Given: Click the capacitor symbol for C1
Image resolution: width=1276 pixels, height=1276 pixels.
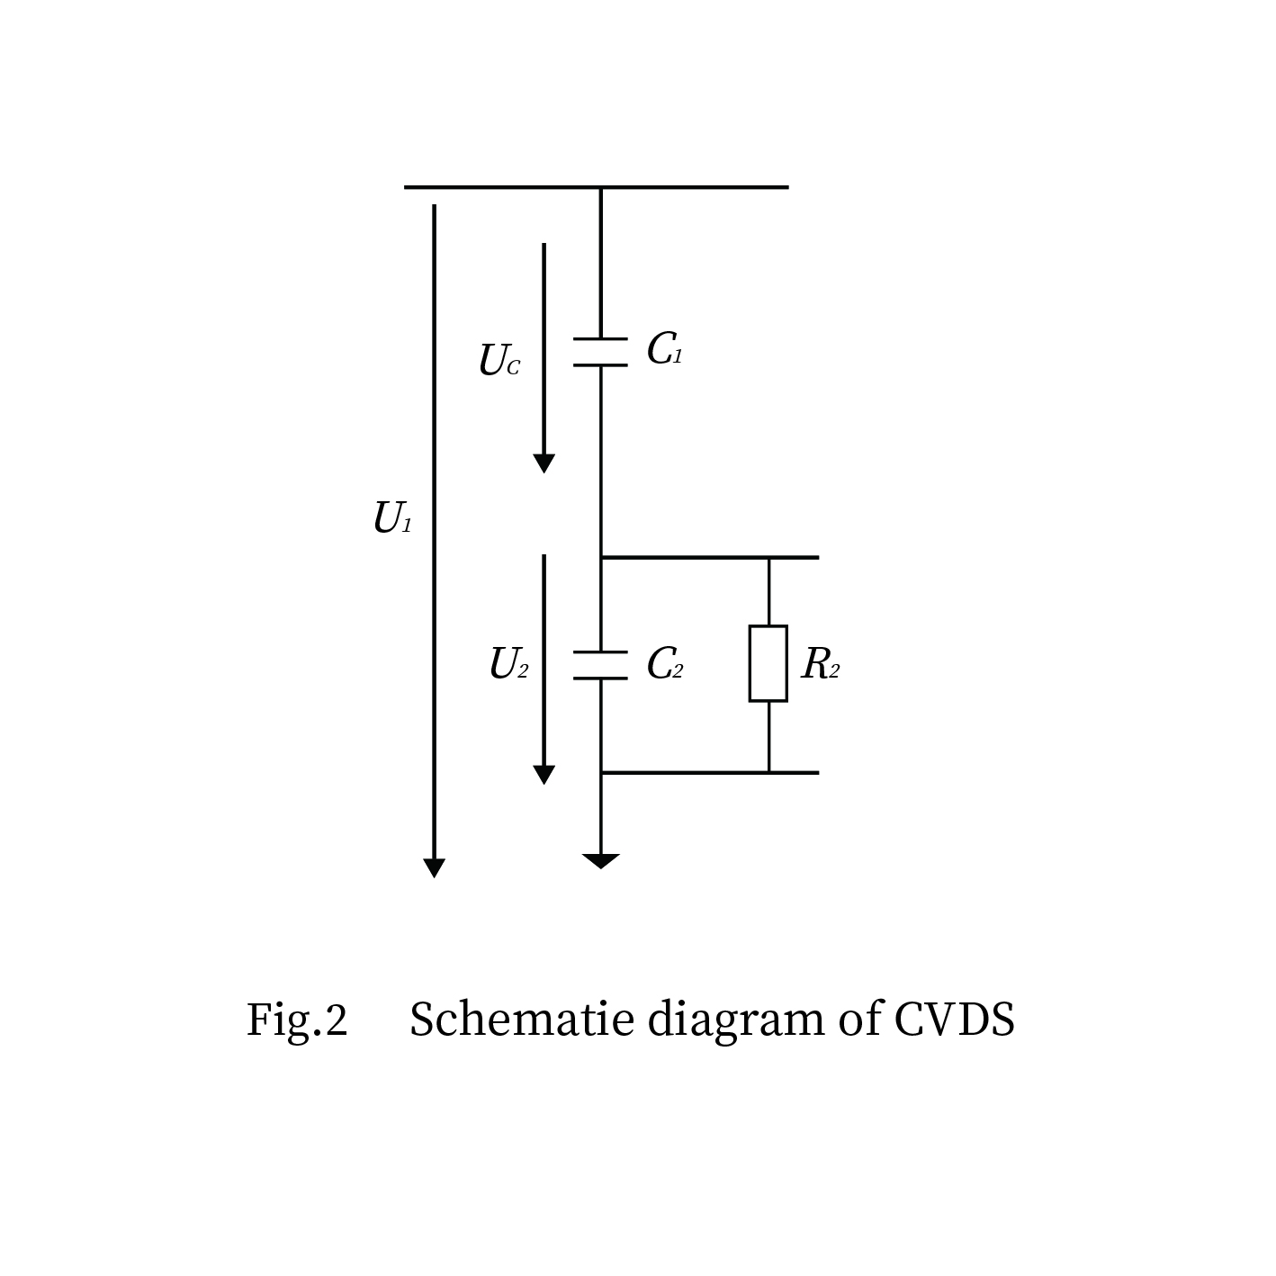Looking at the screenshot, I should pyautogui.click(x=600, y=352).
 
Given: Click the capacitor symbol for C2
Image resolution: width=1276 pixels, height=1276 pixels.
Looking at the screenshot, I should pyautogui.click(x=600, y=665).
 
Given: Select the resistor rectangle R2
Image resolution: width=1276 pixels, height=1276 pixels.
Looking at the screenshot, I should pyautogui.click(x=768, y=663).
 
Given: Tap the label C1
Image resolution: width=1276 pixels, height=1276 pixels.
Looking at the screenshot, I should pyautogui.click(x=664, y=349).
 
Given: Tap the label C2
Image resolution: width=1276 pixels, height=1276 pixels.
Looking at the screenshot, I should pyautogui.click(x=664, y=664).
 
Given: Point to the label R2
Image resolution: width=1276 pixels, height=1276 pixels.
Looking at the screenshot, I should pyautogui.click(x=820, y=664).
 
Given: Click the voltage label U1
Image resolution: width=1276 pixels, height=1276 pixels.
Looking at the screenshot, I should pyautogui.click(x=392, y=518).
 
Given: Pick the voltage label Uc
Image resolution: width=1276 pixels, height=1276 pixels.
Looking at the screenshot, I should pyautogui.click(x=499, y=361).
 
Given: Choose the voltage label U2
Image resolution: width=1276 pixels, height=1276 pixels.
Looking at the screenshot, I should pyautogui.click(x=508, y=664).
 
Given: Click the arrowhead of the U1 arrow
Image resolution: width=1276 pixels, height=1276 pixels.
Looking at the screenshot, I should pyautogui.click(x=434, y=867).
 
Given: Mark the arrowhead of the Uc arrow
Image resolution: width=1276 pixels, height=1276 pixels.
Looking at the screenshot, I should pyautogui.click(x=544, y=463).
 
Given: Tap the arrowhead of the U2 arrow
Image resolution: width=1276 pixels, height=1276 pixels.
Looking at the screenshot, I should pyautogui.click(x=544, y=775).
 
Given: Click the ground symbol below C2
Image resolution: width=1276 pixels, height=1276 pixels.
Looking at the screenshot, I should pyautogui.click(x=600, y=861).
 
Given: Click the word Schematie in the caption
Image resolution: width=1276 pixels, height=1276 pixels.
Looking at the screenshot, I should pyautogui.click(x=522, y=1020).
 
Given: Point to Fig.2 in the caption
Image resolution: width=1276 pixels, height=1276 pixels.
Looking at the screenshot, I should pyautogui.click(x=297, y=1020).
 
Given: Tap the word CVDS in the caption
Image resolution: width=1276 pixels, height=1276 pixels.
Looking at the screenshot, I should pyautogui.click(x=954, y=1020).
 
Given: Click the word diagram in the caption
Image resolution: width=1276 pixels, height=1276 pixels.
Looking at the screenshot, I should pyautogui.click(x=735, y=1020).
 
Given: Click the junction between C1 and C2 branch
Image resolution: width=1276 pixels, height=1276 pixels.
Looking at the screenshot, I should pyautogui.click(x=601, y=558).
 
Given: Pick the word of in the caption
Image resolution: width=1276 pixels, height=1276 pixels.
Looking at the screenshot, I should pyautogui.click(x=859, y=1020).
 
